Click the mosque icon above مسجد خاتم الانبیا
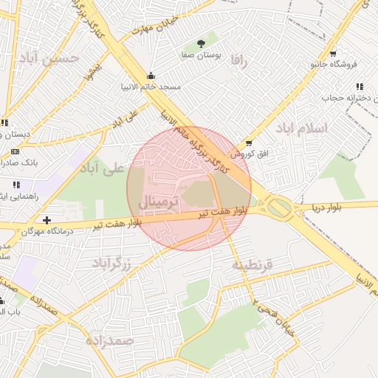[x=151, y=75]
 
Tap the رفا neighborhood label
[x=237, y=59]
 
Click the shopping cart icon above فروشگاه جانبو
[x=333, y=54]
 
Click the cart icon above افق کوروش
[x=249, y=142]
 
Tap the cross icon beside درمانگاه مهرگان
[x=47, y=220]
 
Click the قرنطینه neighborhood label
[x=252, y=265]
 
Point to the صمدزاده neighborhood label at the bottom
[x=109, y=340]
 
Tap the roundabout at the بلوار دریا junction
[x=279, y=207]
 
